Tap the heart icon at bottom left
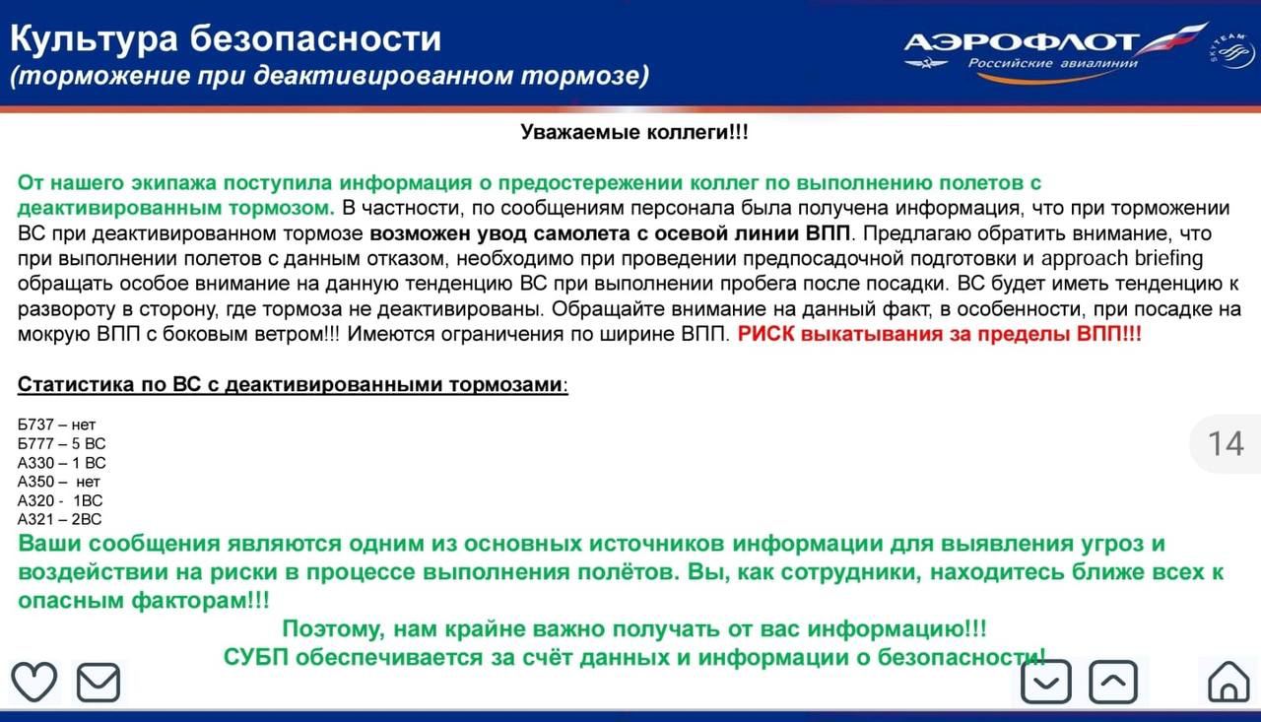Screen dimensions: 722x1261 pos(33,682)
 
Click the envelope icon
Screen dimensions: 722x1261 pos(99,683)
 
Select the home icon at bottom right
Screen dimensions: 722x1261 pos(1228,681)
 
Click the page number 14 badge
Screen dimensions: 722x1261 pos(1226,443)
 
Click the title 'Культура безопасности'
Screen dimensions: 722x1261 pos(226,38)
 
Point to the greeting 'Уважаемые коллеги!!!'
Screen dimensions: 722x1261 pos(634,132)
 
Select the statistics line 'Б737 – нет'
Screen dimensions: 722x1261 pos(57,425)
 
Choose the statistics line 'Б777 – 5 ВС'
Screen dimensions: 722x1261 pos(62,443)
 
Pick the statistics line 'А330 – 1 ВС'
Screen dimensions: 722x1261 pos(62,462)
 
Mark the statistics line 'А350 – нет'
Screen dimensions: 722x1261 pos(59,481)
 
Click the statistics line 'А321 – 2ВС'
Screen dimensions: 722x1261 pos(60,518)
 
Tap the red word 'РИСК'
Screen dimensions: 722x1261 pos(766,334)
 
